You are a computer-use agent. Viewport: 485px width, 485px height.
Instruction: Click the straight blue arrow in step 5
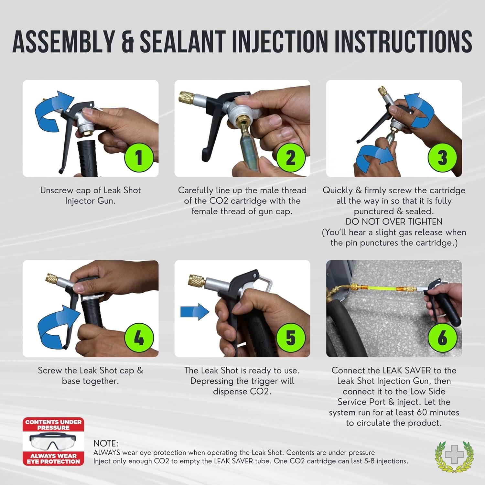click(195, 312)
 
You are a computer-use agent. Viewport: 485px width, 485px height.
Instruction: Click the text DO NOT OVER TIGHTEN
click(394, 222)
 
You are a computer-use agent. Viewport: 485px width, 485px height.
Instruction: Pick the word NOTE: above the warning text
click(106, 443)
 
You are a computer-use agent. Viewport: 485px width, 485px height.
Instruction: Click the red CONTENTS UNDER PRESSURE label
click(53, 425)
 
